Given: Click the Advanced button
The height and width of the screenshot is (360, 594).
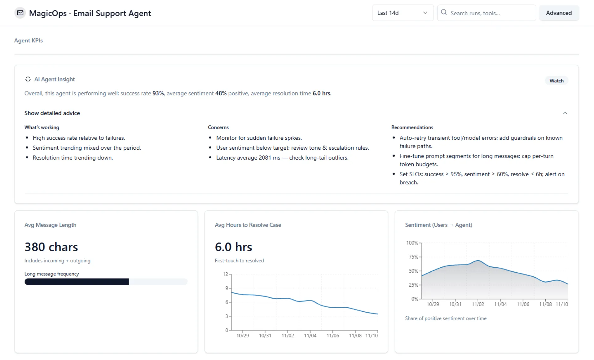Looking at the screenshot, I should pos(558,13).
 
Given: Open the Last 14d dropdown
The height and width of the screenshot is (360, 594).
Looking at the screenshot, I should pos(402,13).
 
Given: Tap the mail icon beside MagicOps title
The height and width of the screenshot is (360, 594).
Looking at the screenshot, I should pos(20,13).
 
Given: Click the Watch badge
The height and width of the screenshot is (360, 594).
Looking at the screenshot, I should pos(556,81).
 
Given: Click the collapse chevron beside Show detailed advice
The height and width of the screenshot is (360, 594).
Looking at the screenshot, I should pos(565,113).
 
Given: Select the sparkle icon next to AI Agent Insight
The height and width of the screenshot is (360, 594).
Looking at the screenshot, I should pos(28,79).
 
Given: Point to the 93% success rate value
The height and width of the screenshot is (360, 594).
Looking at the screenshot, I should pos(158,93).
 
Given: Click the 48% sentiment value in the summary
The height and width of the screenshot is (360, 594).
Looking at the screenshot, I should pos(221,93).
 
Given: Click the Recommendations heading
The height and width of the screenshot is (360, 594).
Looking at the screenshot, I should pos(412,127).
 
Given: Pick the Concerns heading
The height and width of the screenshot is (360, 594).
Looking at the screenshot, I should pos(218,127).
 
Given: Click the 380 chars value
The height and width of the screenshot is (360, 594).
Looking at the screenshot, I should pos(51,247).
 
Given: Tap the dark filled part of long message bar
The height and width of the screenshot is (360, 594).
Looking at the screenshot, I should pos(77,282).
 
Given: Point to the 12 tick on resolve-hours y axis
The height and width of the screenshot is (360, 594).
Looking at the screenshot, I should pos(225,274).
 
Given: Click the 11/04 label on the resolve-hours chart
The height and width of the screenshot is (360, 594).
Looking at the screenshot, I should pos(310,336).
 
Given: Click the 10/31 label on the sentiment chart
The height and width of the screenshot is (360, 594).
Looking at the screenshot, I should pos(455,304).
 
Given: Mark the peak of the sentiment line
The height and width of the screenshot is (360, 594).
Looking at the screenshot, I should pos(478,261).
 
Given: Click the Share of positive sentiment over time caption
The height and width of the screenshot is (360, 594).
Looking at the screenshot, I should pos(445,318).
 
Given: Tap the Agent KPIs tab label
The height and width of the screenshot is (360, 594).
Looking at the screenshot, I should pos(29,41).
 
